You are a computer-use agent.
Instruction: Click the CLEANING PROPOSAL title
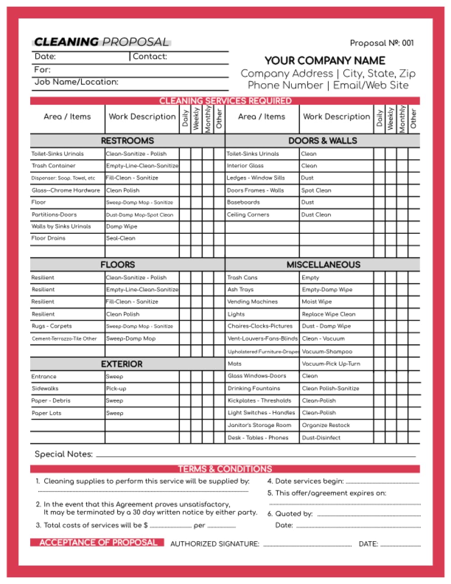tap(101, 42)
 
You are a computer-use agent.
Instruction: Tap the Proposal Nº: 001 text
tap(382, 43)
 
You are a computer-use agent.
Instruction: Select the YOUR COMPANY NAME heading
tap(325, 60)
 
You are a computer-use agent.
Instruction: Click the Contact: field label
tap(150, 56)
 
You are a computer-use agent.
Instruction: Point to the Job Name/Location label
tap(76, 82)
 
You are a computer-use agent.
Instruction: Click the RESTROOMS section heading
tap(127, 140)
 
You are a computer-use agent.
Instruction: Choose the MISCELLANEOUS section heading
tap(323, 264)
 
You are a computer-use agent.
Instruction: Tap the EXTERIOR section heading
tap(121, 364)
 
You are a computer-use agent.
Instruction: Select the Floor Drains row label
tap(48, 238)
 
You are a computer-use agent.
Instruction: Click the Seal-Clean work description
tap(120, 238)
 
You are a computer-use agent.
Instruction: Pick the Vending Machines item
tap(253, 301)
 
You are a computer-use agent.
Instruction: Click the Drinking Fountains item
tap(254, 388)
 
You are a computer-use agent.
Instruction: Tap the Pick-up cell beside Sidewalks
tap(116, 388)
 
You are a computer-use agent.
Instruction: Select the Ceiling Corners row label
tap(248, 214)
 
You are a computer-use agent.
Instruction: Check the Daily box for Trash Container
tap(185, 166)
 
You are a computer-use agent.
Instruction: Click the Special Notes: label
tap(64, 454)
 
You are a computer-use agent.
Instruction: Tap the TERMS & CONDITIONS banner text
tap(225, 469)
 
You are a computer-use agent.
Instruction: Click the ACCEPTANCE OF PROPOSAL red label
tap(98, 542)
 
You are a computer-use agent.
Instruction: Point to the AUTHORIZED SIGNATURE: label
tap(215, 544)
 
